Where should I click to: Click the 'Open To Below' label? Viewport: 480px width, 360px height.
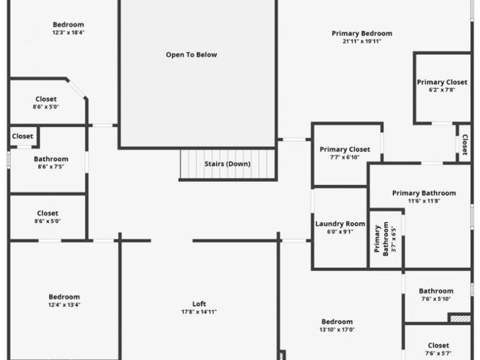(x=191, y=55)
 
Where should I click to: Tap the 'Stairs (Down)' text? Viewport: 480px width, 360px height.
(x=227, y=164)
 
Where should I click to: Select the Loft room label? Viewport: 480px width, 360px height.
(x=199, y=303)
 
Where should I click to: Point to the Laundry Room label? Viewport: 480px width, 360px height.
(x=340, y=224)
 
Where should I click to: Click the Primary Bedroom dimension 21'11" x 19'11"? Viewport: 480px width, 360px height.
(x=362, y=41)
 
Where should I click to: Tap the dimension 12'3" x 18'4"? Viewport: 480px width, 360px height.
(x=68, y=33)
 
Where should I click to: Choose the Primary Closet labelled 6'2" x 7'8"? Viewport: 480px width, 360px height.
(x=442, y=82)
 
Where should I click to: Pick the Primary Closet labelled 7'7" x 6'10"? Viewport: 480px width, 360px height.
(x=345, y=149)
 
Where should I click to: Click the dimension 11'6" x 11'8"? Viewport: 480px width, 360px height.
(x=424, y=201)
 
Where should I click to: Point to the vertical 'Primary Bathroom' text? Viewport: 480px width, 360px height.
(x=381, y=239)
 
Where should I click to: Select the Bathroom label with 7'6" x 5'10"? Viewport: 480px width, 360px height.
(x=436, y=291)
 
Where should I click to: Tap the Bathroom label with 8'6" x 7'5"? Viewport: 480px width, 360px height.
(x=51, y=159)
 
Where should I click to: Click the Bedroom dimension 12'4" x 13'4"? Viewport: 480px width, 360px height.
(x=65, y=305)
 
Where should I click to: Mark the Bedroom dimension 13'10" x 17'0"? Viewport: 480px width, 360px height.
(x=337, y=330)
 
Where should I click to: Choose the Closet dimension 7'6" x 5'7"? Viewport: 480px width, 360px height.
(x=438, y=353)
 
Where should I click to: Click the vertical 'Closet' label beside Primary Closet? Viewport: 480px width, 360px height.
(x=465, y=145)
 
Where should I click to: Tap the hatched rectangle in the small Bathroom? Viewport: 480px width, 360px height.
(x=460, y=319)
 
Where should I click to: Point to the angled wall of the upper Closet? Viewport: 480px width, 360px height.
(x=76, y=89)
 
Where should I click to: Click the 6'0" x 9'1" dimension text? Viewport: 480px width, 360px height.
(x=340, y=232)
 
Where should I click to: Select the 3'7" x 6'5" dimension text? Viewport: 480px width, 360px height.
(x=394, y=239)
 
